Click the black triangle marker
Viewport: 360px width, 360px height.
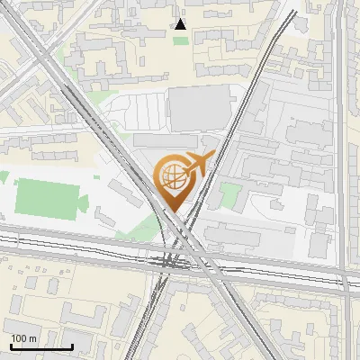tap(181, 24)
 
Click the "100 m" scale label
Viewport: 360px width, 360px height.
tap(23, 338)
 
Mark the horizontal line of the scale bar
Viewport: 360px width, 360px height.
tap(41, 346)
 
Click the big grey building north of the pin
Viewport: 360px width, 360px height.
tap(199, 110)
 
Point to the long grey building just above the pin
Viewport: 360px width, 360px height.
tap(166, 141)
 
